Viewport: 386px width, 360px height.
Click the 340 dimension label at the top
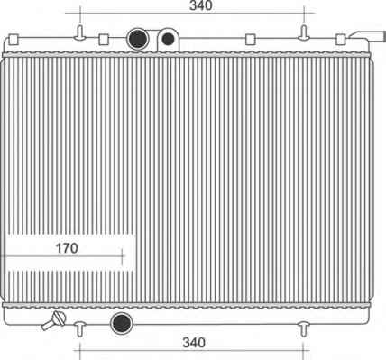click(201, 5)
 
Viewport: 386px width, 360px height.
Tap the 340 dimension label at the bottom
click(194, 343)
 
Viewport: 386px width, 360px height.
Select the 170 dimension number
click(67, 248)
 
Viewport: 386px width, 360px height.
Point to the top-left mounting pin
click(80, 33)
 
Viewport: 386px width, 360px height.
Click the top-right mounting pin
click(304, 33)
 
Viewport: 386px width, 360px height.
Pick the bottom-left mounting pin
click(80, 329)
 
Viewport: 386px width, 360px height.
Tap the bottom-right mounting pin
click(304, 329)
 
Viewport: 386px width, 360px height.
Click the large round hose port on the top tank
click(138, 39)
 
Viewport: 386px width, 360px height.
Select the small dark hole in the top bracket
click(168, 39)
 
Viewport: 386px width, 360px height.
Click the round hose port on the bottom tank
click(122, 323)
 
